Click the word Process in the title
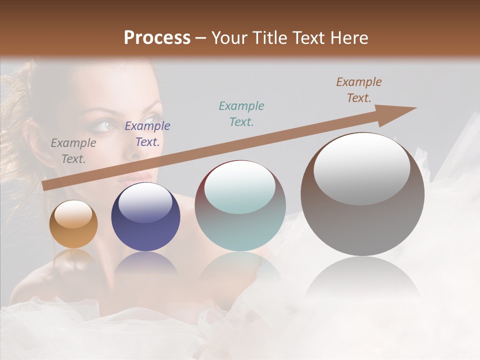(157, 38)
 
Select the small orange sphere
(73, 224)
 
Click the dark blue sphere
(145, 217)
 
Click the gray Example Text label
(73, 151)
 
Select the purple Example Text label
(147, 134)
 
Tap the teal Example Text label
(241, 114)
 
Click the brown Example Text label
(359, 90)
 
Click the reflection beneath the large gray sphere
(362, 280)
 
